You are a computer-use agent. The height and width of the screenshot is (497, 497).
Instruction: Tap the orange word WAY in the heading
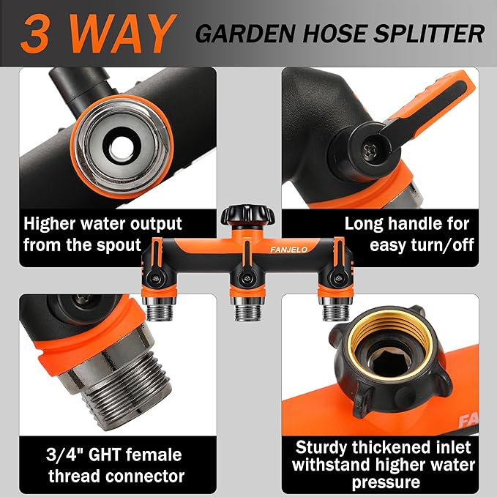[120, 34]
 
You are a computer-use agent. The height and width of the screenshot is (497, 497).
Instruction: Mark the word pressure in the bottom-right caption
[386, 483]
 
